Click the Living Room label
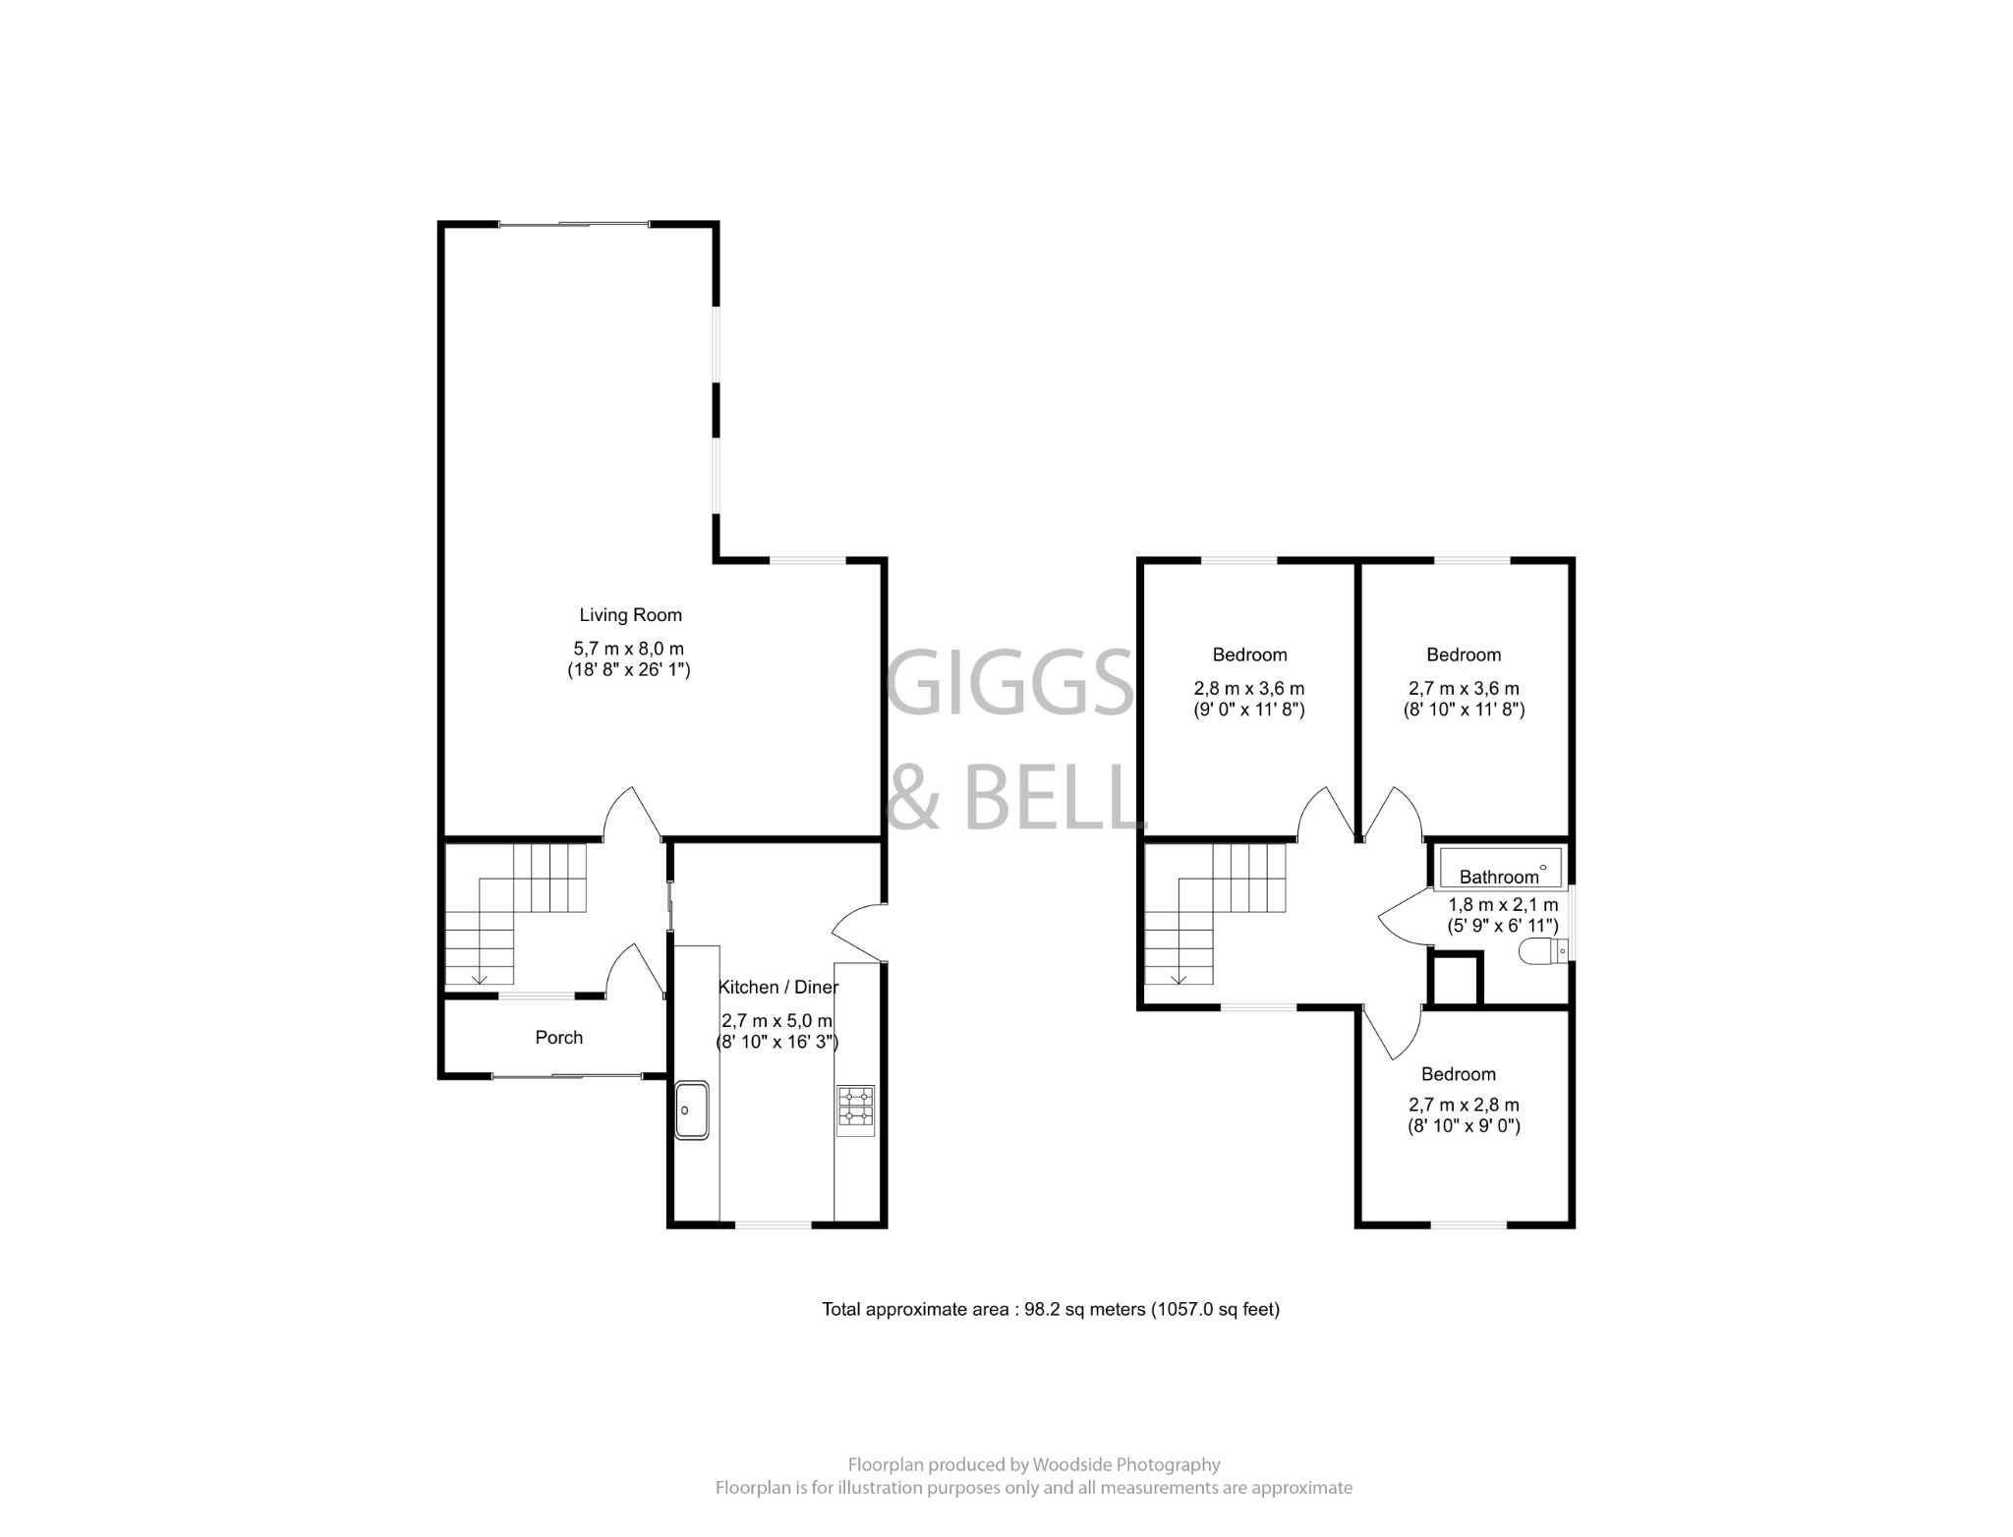pyautogui.click(x=630, y=615)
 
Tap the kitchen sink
pyautogui.click(x=692, y=1110)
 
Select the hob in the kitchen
pyautogui.click(x=854, y=1110)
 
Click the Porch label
pyautogui.click(x=558, y=1038)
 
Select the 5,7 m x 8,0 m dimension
pyautogui.click(x=629, y=649)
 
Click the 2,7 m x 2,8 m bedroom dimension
pyautogui.click(x=1464, y=1106)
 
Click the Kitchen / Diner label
pyautogui.click(x=777, y=988)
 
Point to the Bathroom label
pyautogui.click(x=1498, y=877)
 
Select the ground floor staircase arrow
pyautogui.click(x=480, y=977)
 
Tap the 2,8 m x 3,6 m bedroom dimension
pyautogui.click(x=1248, y=688)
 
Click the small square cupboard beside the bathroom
pyautogui.click(x=1454, y=979)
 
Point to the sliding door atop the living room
pyautogui.click(x=574, y=225)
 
